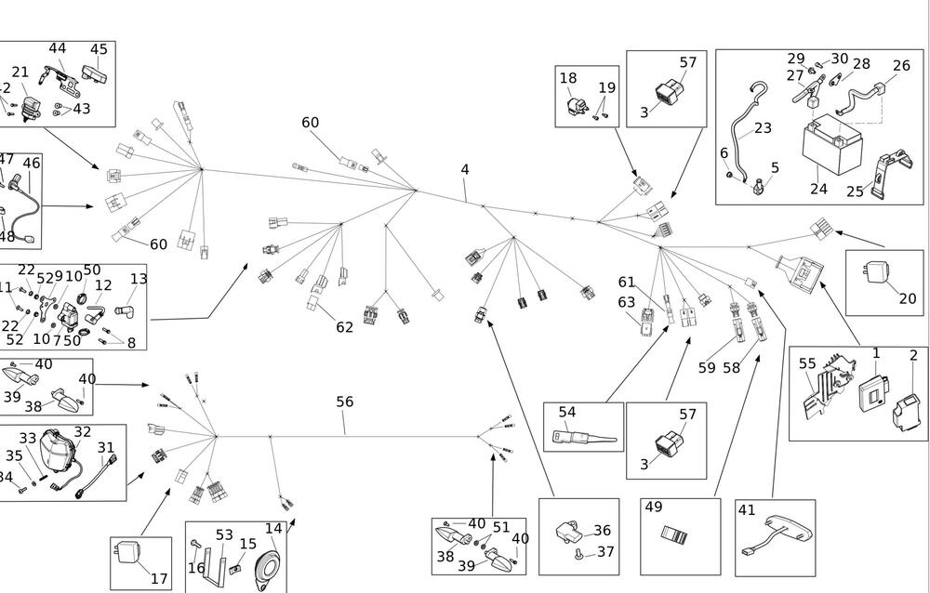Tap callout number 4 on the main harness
[x=465, y=169]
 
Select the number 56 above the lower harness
[x=345, y=402]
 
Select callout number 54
[x=567, y=412]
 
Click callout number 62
[x=345, y=327]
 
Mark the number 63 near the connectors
[x=626, y=302]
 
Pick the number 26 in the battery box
[x=901, y=65]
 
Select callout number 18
[x=568, y=78]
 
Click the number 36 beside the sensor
[x=603, y=530]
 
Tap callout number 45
[x=99, y=49]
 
